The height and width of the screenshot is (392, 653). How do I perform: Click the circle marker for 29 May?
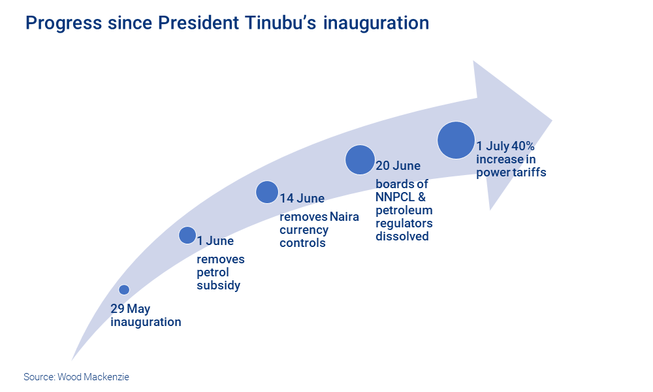pos(124,289)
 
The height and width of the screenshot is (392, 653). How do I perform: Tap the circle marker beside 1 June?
pos(187,235)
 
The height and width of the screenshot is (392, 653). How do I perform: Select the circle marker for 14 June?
pos(267,192)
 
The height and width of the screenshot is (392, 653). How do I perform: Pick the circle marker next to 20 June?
pos(360,159)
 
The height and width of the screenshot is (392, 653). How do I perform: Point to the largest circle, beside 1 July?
pos(456,140)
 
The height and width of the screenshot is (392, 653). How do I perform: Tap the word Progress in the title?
pos(64,24)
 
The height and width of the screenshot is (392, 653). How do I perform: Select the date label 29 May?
pos(131,308)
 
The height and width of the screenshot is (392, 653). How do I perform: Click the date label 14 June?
pos(302,199)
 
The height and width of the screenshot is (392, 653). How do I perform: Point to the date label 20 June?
pos(398,166)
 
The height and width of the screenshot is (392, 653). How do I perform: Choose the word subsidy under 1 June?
pos(219,286)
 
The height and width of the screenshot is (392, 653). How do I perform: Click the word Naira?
pos(344,217)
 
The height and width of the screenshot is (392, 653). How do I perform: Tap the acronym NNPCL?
pos(395,197)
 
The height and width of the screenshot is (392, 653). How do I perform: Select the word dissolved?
pos(402,237)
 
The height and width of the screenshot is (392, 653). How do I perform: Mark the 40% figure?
pos(523,146)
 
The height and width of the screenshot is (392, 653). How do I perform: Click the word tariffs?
pos(530,172)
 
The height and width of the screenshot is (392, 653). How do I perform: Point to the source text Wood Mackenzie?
pos(93,377)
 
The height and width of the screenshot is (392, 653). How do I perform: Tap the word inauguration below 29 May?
pos(146,323)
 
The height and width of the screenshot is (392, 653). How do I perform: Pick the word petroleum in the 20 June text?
pos(404,211)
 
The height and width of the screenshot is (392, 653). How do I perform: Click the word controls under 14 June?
pos(303,243)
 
